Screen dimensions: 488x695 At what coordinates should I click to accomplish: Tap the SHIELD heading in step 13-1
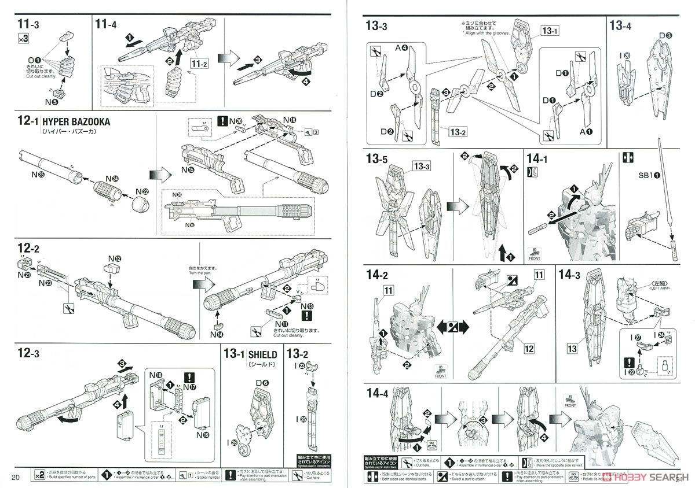pos(262,354)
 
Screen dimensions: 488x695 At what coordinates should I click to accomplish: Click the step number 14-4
pos(380,393)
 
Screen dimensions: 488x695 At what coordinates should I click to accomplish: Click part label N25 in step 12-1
pos(39,174)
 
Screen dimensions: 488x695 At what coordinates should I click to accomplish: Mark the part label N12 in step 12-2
pos(114,258)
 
